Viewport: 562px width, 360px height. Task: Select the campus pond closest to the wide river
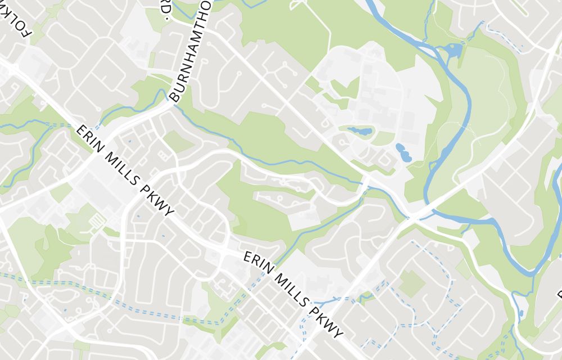click(403, 152)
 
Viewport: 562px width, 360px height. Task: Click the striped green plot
click(98, 220)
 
